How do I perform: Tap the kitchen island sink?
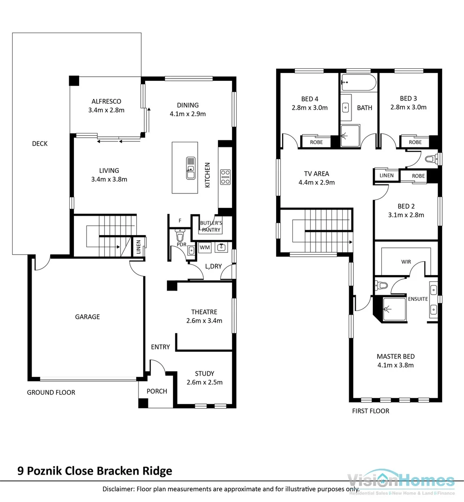[x=191, y=168]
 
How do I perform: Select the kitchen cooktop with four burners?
[x=225, y=176]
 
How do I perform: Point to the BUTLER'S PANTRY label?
[x=211, y=226]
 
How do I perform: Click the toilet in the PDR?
[x=180, y=236]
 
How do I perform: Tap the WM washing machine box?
[x=205, y=248]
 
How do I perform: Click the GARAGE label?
[x=87, y=317]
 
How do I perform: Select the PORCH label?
[x=157, y=391]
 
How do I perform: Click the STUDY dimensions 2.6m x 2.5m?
[x=205, y=383]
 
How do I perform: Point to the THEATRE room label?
[x=204, y=312]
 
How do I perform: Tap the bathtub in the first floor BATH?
[x=358, y=84]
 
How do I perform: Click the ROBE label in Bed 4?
[x=316, y=142]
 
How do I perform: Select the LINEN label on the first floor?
[x=386, y=175]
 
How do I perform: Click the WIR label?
[x=406, y=262]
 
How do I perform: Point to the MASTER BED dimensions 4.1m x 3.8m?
[x=395, y=365]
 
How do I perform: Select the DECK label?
[x=40, y=144]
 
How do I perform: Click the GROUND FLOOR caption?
[x=51, y=392]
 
